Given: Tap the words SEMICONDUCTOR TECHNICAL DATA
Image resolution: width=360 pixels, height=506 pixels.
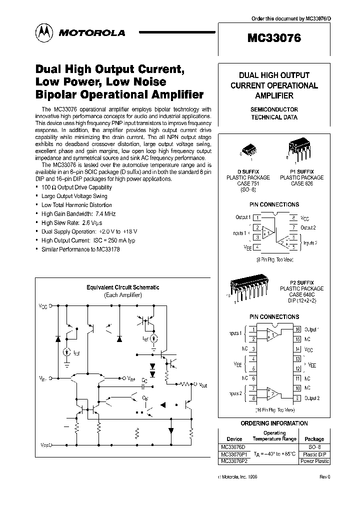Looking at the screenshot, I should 273,113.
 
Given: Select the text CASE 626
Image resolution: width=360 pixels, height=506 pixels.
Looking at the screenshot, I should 301,183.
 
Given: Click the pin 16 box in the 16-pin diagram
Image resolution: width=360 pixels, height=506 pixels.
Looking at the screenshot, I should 297,329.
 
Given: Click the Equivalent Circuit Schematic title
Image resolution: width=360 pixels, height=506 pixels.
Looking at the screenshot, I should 122,287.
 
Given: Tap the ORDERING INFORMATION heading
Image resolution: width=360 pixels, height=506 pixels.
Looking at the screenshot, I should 274,423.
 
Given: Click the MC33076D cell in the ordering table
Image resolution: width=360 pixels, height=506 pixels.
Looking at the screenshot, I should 233,446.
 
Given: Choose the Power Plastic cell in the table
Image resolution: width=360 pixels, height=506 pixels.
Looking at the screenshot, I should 314,461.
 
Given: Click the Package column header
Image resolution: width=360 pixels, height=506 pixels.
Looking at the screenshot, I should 314,439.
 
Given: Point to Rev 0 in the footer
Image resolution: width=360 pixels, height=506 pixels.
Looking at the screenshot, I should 324,477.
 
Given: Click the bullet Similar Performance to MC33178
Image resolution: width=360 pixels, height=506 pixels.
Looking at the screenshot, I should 76,248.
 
